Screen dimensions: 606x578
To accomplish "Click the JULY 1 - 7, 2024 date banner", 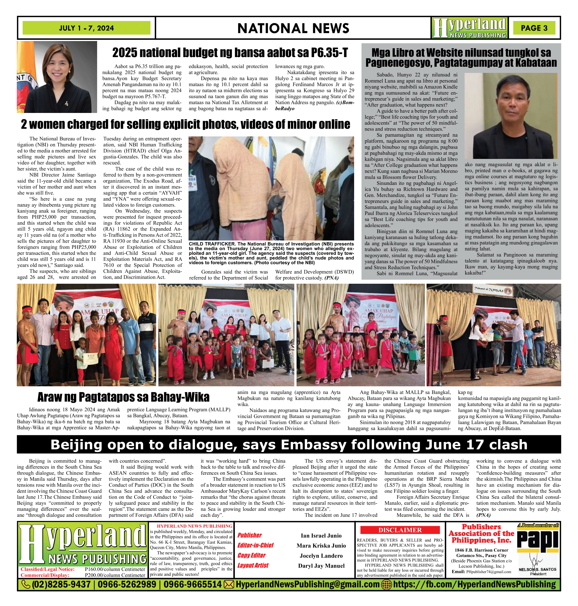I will pyautogui.click(x=86, y=28).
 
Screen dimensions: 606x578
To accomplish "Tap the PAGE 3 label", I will pyautogui.click(x=534, y=28).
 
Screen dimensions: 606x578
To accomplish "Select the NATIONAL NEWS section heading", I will pyautogui.click(x=293, y=28).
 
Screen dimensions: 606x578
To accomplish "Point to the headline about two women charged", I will pyautogui.click(x=186, y=124).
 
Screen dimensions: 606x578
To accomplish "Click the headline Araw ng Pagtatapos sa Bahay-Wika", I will pyautogui.click(x=123, y=397).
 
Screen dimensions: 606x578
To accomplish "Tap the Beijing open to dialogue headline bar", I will pyautogui.click(x=289, y=445).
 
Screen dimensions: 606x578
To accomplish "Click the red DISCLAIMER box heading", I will pyautogui.click(x=400, y=530).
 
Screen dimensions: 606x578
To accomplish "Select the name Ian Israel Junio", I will pyautogui.click(x=321, y=536).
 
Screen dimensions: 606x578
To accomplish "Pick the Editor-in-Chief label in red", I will pyautogui.click(x=256, y=545).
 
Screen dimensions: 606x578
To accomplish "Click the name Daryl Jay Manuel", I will pyautogui.click(x=321, y=566).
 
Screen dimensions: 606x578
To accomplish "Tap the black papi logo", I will pyautogui.click(x=538, y=541).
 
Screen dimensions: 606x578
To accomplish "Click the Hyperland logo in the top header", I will pyautogui.click(x=469, y=28).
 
